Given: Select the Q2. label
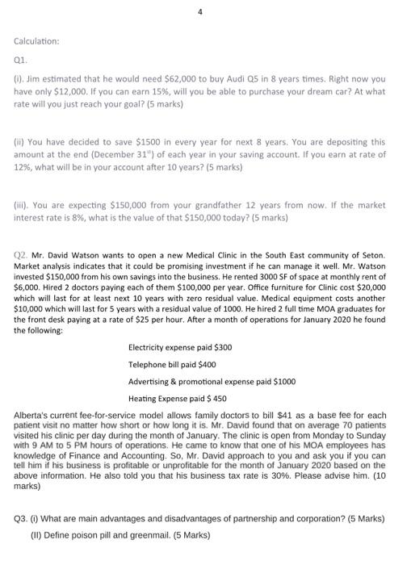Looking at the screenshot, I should coord(21,255).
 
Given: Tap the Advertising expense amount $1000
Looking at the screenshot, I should coord(285,380).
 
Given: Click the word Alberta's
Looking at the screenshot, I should coord(34,415).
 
